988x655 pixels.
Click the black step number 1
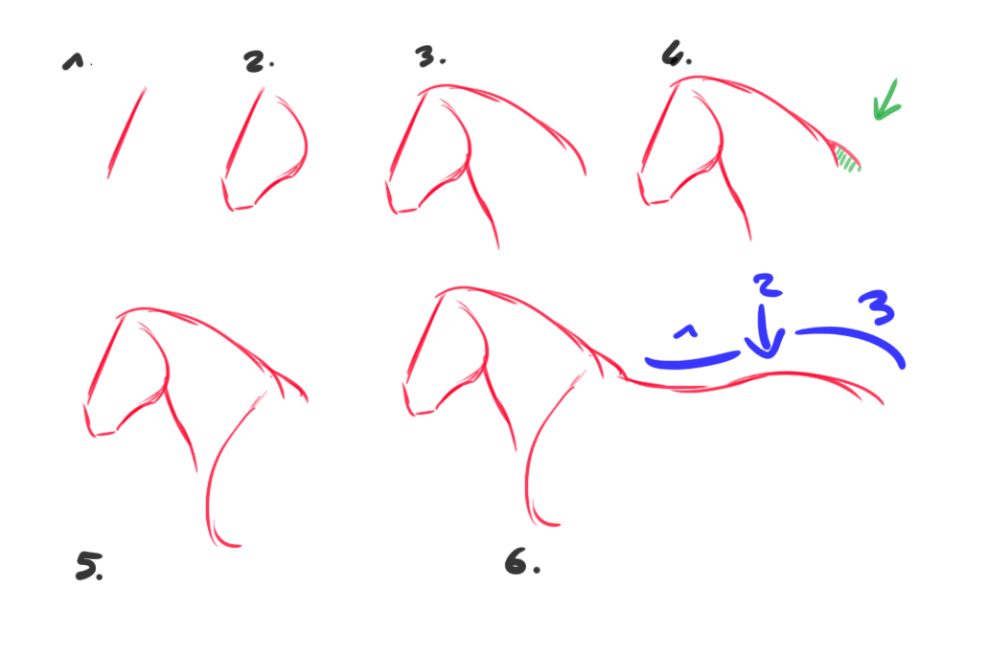tap(72, 62)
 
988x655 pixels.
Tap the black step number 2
tap(256, 60)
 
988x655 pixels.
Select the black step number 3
tap(428, 57)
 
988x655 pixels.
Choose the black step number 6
tap(518, 563)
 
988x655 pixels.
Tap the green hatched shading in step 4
tap(846, 159)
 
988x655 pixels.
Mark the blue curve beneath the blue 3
tap(853, 339)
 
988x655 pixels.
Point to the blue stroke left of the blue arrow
tap(692, 360)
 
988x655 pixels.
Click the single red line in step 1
tap(126, 132)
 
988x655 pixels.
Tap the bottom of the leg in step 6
tap(543, 521)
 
